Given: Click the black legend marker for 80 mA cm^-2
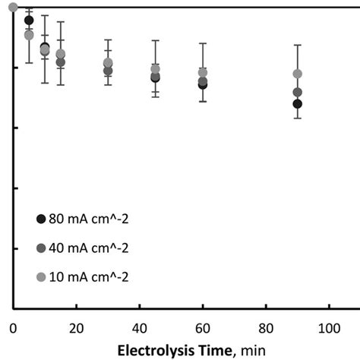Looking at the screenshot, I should (x=41, y=219).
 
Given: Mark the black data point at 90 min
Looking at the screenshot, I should (x=297, y=103).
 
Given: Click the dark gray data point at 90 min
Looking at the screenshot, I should (x=297, y=92).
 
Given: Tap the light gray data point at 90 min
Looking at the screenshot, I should (x=297, y=74).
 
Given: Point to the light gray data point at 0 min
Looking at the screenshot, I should (x=13, y=7).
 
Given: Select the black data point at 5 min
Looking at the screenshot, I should (x=29, y=21).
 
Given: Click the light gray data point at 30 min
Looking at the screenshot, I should (x=108, y=62).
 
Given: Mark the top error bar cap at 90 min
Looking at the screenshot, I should (x=297, y=46).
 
